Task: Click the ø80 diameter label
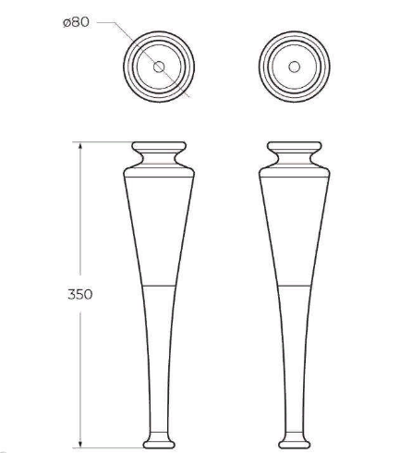[x=76, y=22]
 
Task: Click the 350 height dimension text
[x=80, y=294]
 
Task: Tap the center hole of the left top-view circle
[x=159, y=67]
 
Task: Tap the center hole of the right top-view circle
[x=294, y=67]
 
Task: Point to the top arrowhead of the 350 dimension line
[x=80, y=146]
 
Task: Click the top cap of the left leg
[x=159, y=146]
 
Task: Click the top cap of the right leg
[x=295, y=146]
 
